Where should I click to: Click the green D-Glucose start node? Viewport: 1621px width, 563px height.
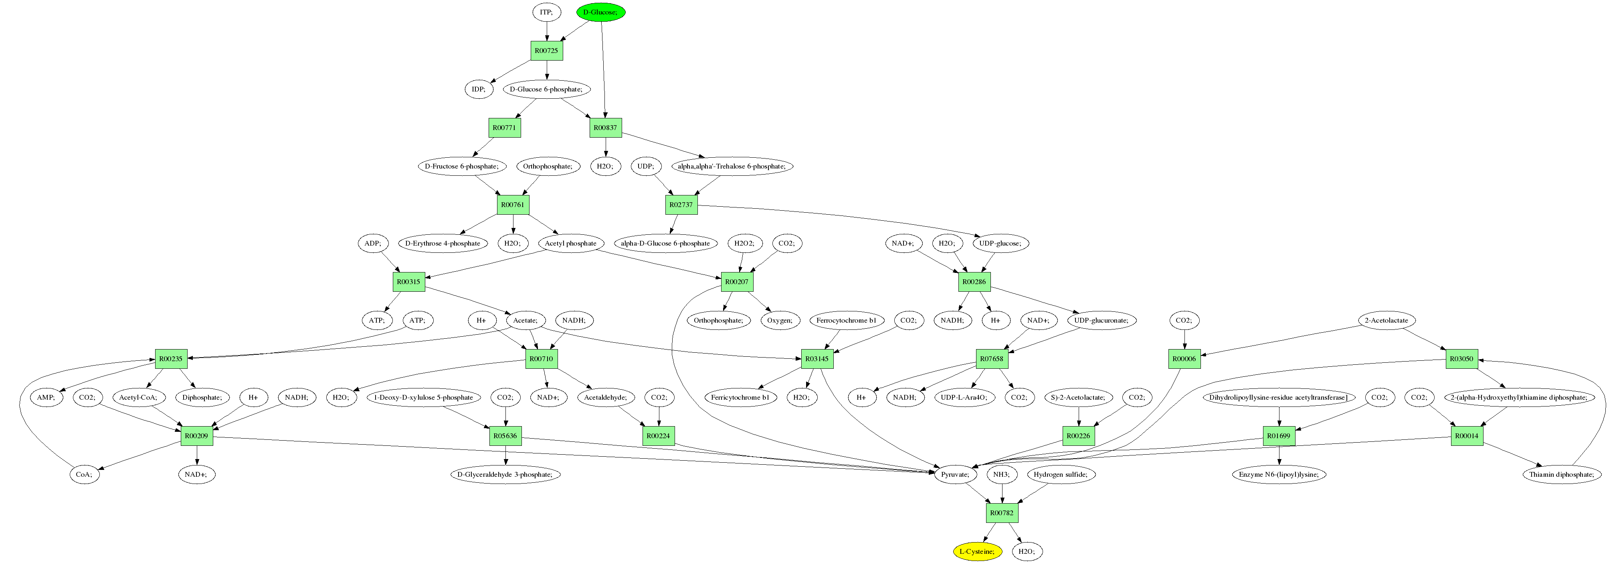coord(600,12)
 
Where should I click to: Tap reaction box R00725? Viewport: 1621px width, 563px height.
coord(546,51)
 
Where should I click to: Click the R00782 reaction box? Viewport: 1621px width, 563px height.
coord(1001,512)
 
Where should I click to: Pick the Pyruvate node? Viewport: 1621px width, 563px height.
coord(955,474)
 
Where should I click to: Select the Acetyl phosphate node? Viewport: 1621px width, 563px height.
coord(570,243)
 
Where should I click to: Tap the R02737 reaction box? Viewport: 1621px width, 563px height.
coord(681,205)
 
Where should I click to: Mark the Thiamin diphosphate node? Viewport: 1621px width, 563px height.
coord(1561,474)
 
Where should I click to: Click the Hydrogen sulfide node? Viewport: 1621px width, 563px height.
coord(1060,474)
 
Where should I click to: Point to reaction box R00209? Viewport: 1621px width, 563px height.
coord(196,436)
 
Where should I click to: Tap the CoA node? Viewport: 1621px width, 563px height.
coord(84,474)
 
